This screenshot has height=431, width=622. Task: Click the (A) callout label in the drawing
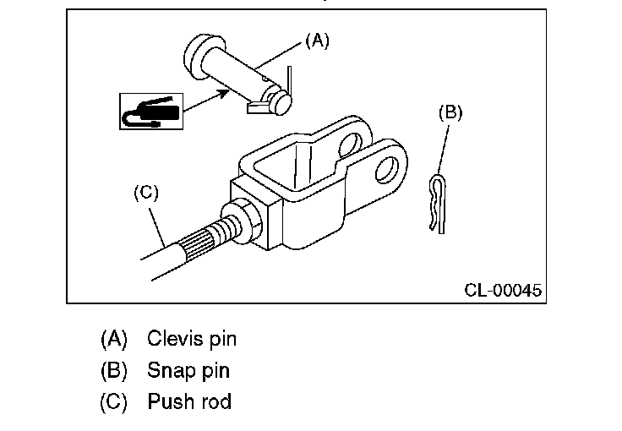tap(318, 41)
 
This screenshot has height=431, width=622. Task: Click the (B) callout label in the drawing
tap(450, 112)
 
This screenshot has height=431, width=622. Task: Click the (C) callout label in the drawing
tap(146, 193)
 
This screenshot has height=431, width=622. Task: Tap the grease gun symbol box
tap(151, 112)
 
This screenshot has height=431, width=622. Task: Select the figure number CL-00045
tap(503, 290)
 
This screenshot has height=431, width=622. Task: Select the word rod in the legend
tap(216, 401)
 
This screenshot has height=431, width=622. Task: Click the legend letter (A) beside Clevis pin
tap(114, 340)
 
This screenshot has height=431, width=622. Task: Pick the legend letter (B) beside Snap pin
tap(114, 371)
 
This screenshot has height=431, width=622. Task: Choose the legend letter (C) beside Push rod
tap(114, 401)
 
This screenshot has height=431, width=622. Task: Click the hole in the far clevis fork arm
tap(350, 145)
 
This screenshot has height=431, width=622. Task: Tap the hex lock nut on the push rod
tap(242, 220)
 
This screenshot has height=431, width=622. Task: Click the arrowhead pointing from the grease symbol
tap(222, 94)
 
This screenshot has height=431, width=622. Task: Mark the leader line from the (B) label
tap(444, 150)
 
